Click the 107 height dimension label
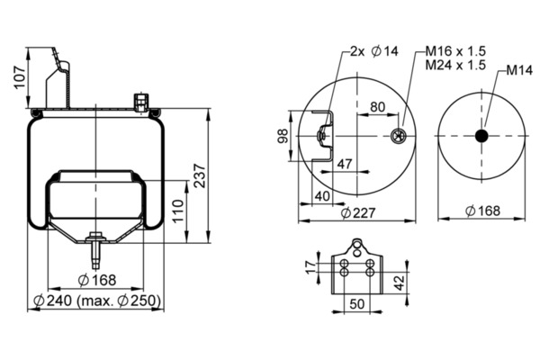point(20,77)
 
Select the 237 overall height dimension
point(200,176)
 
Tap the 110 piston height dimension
point(177,211)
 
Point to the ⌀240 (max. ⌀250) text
point(97,301)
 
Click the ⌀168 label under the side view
point(97,280)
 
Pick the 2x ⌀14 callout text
point(374,51)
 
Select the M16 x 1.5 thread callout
point(455,51)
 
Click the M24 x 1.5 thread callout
point(455,65)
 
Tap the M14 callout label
point(519,70)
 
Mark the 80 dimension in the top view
point(377,107)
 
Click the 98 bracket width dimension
point(283,136)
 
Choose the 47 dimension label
point(345,164)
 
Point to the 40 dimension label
point(323,196)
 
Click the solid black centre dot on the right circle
point(481,136)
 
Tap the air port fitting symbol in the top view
point(399,136)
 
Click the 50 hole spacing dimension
point(356,304)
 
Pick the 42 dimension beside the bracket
point(399,283)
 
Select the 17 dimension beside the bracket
point(310,267)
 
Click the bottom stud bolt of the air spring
point(95,250)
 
